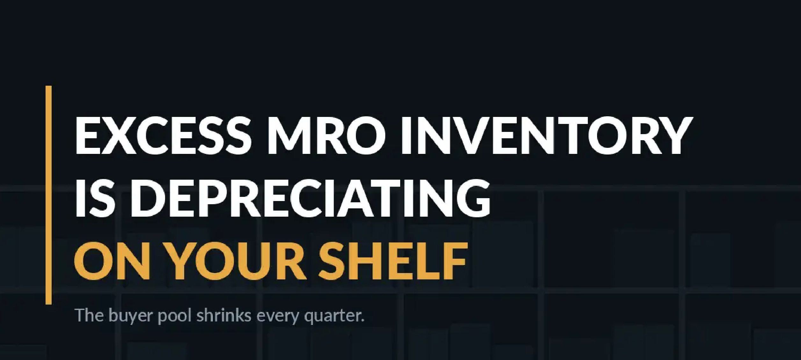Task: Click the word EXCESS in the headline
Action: [163, 135]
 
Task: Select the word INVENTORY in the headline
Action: [546, 135]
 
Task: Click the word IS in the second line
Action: [95, 198]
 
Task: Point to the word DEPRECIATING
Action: [310, 198]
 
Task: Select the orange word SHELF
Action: [393, 261]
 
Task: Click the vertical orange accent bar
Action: [48, 195]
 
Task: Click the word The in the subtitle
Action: [90, 315]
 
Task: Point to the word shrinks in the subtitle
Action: [224, 315]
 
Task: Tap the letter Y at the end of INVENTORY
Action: [674, 135]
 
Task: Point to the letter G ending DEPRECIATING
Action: [473, 198]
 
